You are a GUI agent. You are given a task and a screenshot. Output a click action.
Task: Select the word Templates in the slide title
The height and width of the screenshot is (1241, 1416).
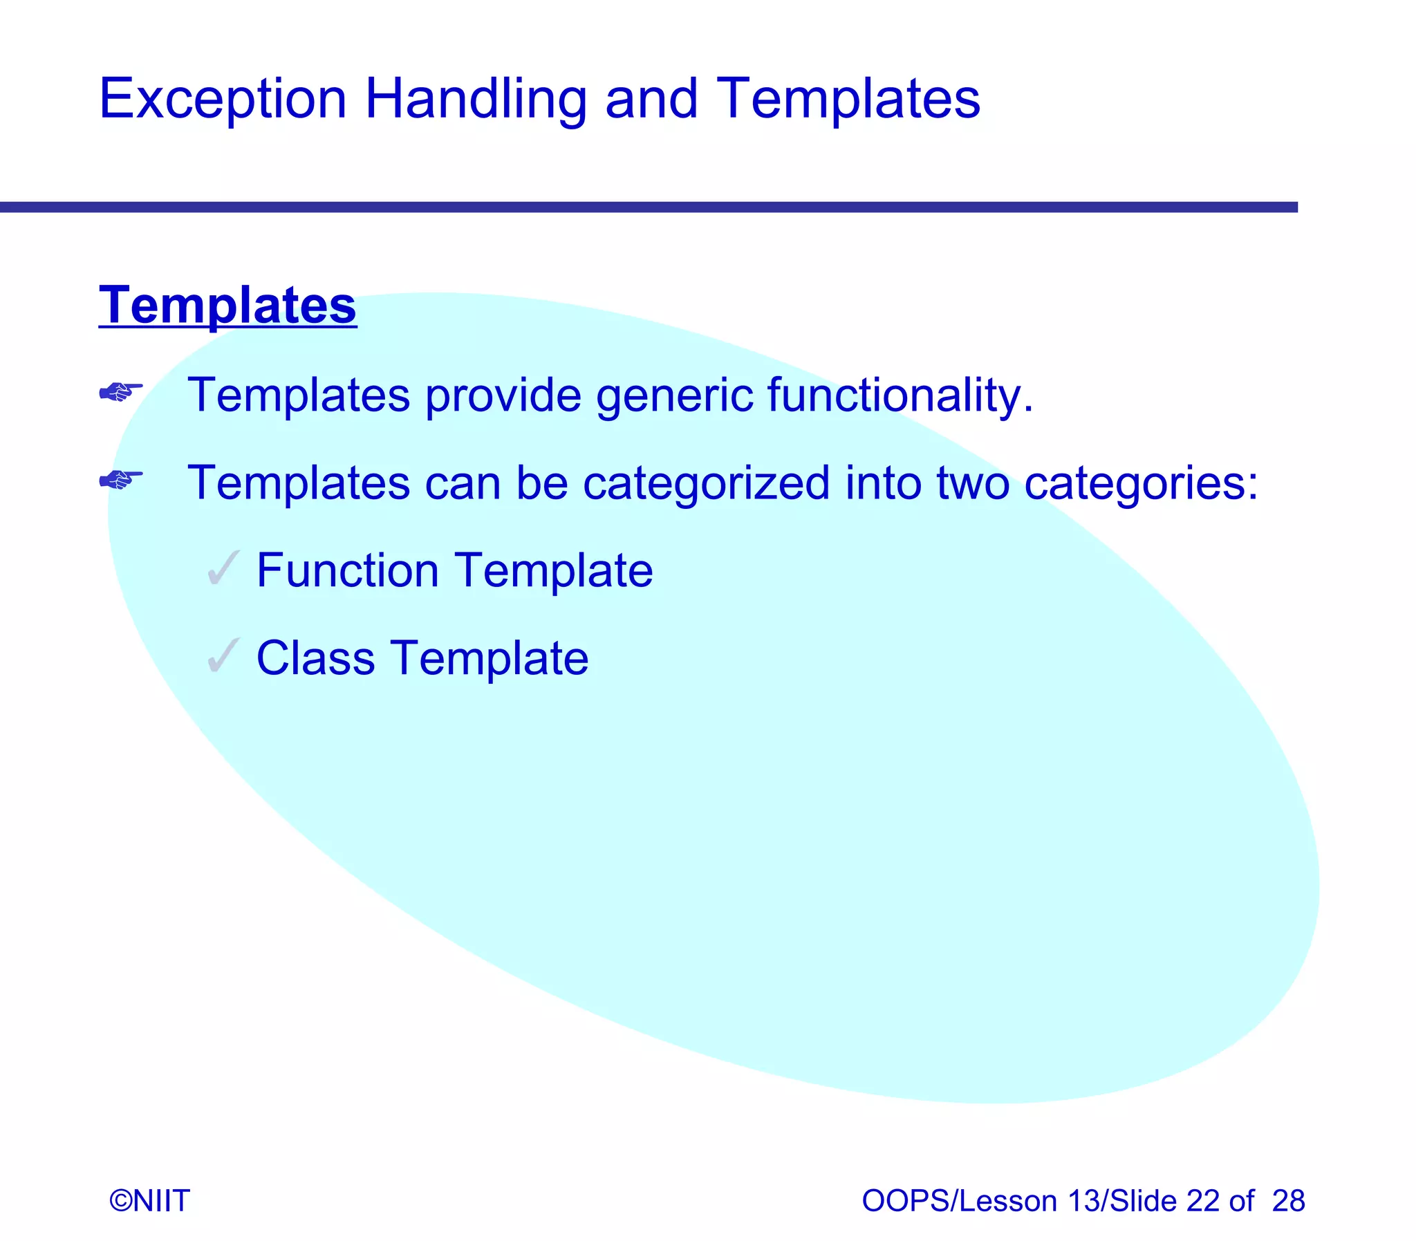click(848, 100)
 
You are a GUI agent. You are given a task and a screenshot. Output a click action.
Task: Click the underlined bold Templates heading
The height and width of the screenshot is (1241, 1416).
click(227, 305)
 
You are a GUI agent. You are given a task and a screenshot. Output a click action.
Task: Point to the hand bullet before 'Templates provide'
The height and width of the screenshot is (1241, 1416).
click(120, 393)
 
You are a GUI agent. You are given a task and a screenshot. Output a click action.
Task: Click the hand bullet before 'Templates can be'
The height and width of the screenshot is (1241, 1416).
click(120, 479)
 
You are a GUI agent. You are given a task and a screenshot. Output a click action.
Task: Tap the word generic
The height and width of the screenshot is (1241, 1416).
click(673, 395)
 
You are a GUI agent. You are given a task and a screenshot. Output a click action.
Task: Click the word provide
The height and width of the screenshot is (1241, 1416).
click(503, 395)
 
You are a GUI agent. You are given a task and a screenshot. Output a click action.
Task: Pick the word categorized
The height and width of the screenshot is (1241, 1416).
click(705, 483)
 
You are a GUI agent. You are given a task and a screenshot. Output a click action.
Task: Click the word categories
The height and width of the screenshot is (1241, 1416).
click(1139, 483)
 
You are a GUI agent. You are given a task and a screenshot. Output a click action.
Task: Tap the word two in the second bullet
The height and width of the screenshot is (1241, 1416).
click(972, 483)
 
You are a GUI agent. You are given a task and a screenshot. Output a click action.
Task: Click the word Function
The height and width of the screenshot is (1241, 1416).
click(348, 570)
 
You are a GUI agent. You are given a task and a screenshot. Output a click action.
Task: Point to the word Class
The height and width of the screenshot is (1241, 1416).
click(315, 658)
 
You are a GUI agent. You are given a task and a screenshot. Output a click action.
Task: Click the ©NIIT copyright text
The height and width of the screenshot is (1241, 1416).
click(149, 1201)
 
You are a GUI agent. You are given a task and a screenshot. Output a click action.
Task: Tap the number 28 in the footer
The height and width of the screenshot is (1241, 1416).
click(1288, 1201)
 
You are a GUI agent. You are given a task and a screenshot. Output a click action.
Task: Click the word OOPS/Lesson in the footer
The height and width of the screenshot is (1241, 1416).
click(959, 1201)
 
